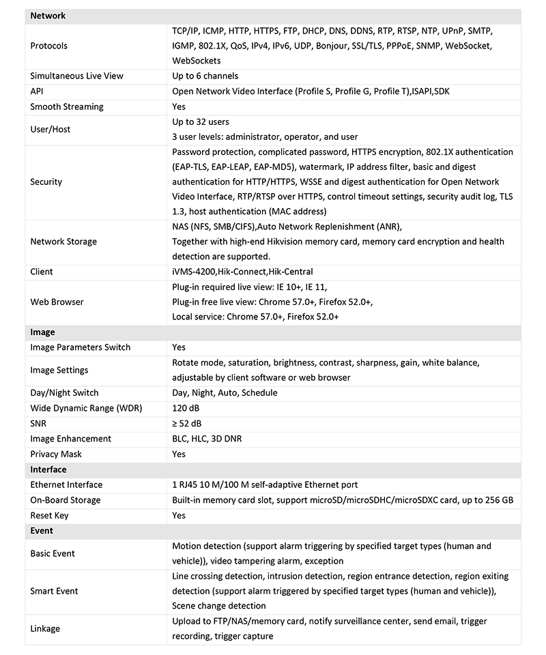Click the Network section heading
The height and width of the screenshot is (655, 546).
coord(48,15)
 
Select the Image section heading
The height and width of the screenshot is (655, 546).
coord(42,332)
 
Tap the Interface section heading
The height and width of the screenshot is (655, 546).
coord(48,469)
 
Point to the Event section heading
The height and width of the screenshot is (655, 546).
coord(42,530)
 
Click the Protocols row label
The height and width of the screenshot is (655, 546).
coord(49,46)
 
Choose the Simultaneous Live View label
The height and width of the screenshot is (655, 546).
coord(76,76)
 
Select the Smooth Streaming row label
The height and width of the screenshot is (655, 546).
coord(67,106)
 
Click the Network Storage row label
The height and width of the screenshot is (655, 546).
coord(63,242)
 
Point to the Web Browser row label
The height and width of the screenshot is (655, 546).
coord(57,302)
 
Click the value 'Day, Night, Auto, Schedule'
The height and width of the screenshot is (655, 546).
coord(225,393)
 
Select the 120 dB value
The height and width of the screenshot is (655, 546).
coord(187,408)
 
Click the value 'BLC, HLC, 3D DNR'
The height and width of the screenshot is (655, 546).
coord(207,439)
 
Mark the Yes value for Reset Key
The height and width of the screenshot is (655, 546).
coord(179,515)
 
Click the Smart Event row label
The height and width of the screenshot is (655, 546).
coord(55,591)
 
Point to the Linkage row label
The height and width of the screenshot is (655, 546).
coord(46,628)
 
